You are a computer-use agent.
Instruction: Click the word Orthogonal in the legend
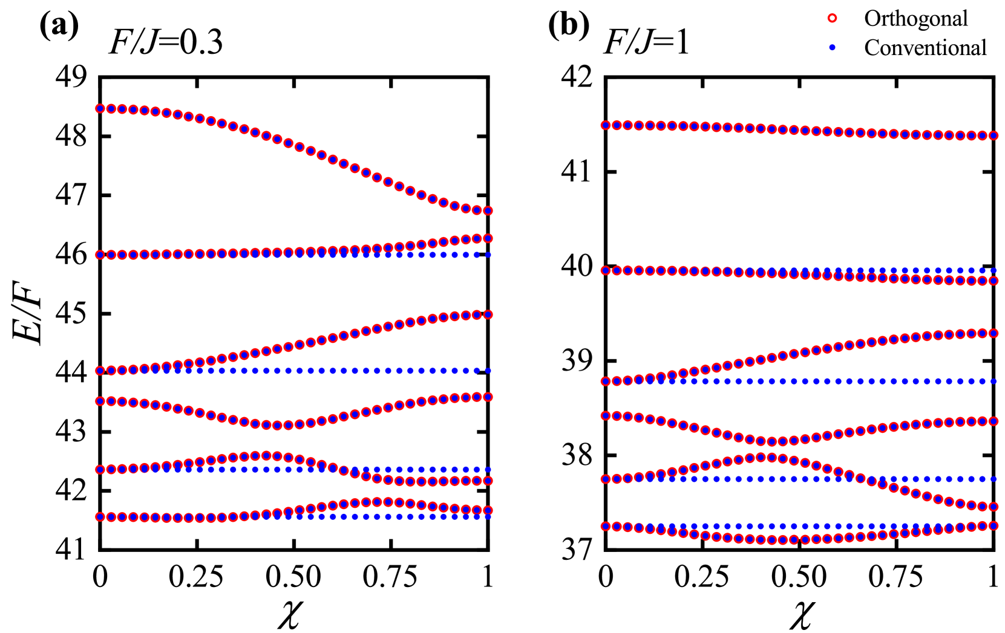pos(915,19)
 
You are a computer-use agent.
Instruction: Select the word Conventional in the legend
pos(925,48)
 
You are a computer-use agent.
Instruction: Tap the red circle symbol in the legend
pos(832,18)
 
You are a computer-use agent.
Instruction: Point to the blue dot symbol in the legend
pos(832,48)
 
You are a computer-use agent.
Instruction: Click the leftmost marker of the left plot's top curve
pos(100,109)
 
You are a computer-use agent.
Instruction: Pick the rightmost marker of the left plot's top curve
pos(488,211)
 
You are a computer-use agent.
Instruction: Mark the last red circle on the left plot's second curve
pos(488,238)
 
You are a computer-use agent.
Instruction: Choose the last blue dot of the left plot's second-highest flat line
pos(488,255)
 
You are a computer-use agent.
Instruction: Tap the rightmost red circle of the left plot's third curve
pos(488,314)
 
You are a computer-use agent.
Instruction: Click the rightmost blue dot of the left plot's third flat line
pos(488,371)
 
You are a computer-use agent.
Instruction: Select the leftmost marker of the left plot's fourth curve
pos(100,401)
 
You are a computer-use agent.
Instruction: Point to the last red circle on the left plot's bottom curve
pos(488,510)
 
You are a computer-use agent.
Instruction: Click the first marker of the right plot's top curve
pos(605,126)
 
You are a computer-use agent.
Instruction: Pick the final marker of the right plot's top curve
pos(994,136)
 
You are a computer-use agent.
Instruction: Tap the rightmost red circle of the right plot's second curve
pos(994,281)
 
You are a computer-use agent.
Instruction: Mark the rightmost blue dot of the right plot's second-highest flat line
pos(994,270)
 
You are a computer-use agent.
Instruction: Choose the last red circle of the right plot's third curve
pos(994,333)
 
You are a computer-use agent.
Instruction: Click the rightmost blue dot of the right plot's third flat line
pos(994,381)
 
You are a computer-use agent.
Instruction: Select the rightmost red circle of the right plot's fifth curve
pos(994,506)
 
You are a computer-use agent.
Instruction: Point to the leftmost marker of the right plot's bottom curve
pos(605,527)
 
